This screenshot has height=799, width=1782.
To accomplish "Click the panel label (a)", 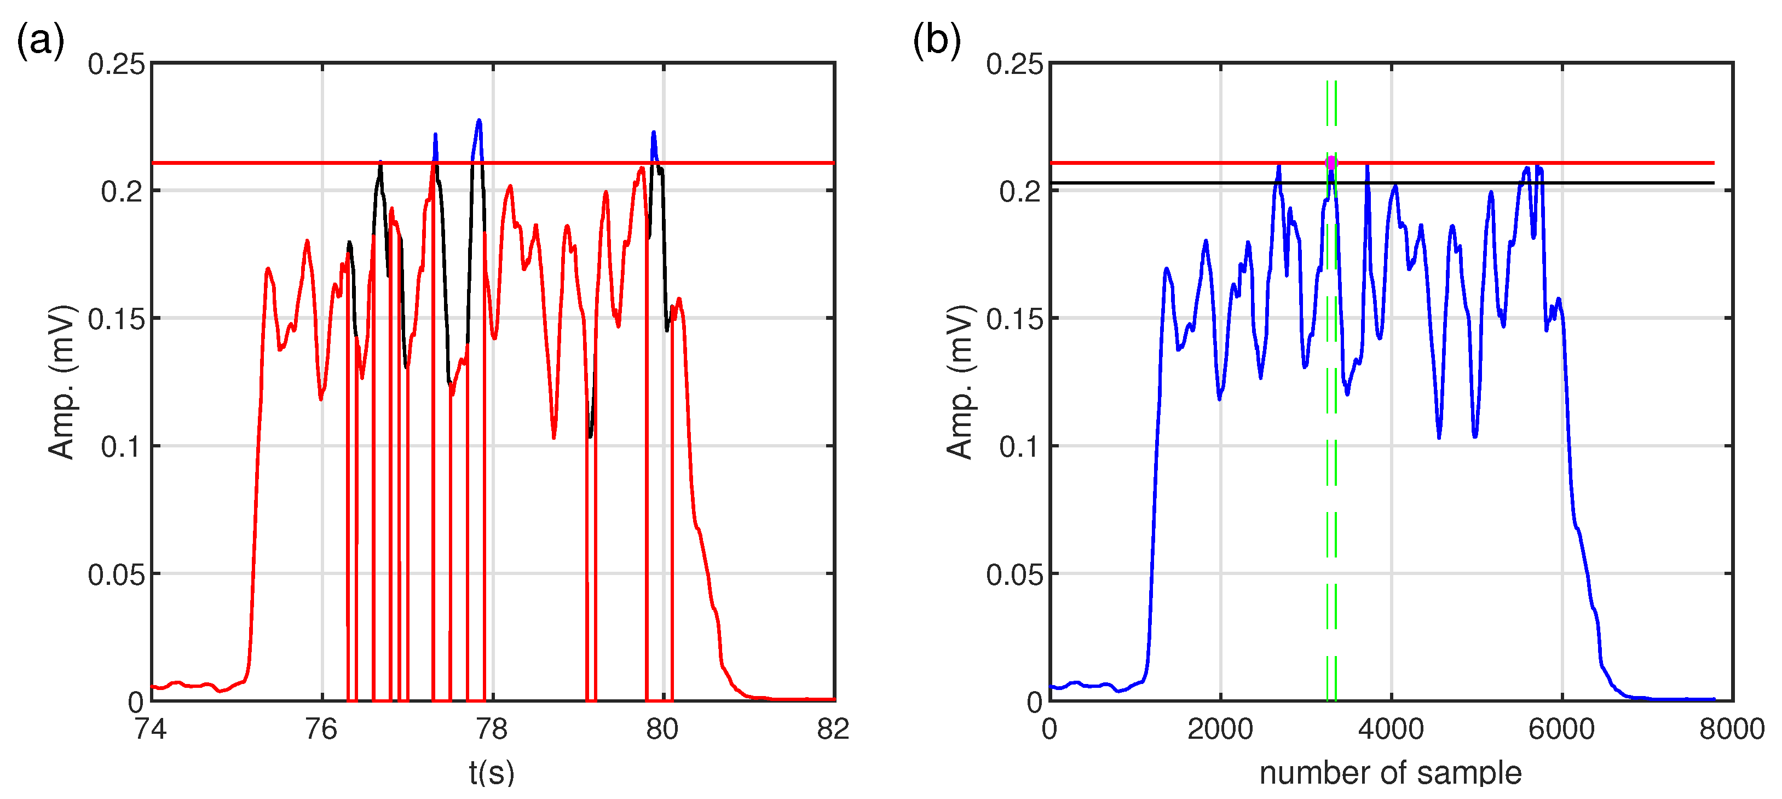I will tap(40, 40).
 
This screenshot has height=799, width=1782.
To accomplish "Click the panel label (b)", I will tap(936, 40).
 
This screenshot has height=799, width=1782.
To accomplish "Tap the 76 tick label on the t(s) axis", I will tap(321, 729).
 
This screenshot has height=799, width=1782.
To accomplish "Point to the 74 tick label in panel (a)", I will tap(151, 729).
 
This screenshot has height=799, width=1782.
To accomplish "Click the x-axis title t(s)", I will tap(492, 773).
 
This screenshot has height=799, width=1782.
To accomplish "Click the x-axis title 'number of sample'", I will tap(1391, 773).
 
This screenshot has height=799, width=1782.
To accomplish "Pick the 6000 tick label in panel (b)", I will tap(1561, 729).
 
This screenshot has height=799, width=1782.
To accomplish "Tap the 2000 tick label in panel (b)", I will tap(1220, 729).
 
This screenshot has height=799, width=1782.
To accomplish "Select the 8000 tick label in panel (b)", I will tap(1732, 729).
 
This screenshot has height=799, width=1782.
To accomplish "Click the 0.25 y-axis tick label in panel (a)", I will tap(116, 64).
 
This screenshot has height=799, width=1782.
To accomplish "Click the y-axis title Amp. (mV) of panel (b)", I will tap(960, 382).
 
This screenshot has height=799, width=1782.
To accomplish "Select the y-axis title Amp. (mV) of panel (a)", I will tap(61, 382).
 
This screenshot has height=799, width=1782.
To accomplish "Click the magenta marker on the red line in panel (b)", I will tap(1331, 163).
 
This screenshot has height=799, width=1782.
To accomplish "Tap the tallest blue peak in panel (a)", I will tap(478, 122).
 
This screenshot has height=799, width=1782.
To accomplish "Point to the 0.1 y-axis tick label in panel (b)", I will tap(1020, 447).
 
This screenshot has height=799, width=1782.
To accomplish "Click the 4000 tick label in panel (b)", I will tap(1391, 729).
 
